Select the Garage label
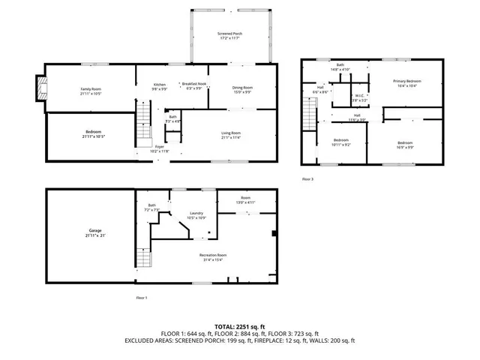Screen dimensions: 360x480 pos(95,232)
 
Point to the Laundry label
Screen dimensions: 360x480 pos(197,214)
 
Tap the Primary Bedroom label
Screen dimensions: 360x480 pos(408,83)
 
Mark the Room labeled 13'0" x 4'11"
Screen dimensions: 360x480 pos(244,199)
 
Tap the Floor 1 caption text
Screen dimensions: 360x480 pos(141,298)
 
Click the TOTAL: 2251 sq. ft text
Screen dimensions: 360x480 pos(240,327)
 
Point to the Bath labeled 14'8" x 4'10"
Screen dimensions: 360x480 pos(340,67)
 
